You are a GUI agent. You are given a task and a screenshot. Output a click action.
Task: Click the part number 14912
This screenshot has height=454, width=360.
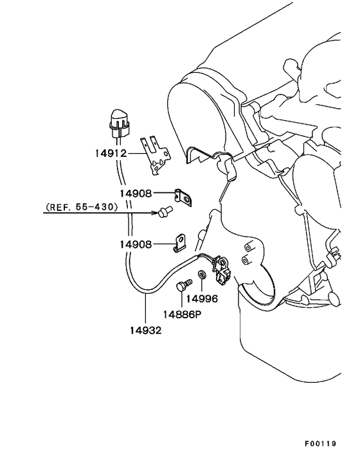[x=111, y=153]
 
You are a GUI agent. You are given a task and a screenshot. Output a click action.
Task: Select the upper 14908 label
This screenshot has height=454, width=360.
[x=136, y=193]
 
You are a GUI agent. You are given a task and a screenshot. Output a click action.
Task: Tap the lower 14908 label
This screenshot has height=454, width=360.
[x=136, y=244]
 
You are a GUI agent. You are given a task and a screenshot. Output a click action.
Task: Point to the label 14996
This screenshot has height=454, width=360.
[x=202, y=298]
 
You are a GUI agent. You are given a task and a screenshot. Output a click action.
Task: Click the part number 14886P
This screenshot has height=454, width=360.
[x=182, y=314]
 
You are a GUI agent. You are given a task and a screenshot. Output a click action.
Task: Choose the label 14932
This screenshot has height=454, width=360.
[x=145, y=330]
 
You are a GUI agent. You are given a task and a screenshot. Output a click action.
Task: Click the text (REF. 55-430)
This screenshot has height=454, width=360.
[x=82, y=206]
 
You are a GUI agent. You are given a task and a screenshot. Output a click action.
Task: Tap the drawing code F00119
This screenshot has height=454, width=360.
[x=320, y=444]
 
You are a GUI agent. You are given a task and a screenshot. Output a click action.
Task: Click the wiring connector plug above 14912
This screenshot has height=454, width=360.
[x=119, y=125]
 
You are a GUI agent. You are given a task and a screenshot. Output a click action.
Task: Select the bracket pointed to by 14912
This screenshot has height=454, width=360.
[x=155, y=156]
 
